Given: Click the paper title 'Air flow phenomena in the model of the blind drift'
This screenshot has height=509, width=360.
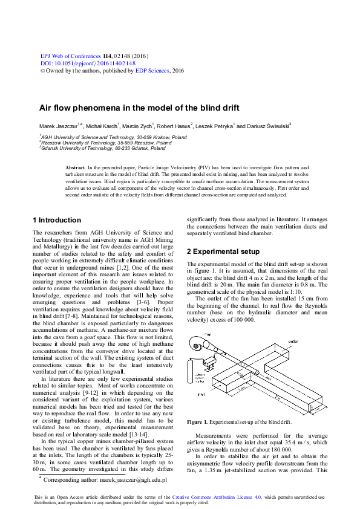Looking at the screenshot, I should [140, 108].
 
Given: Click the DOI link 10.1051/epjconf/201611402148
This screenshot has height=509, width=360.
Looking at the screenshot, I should [87, 63].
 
